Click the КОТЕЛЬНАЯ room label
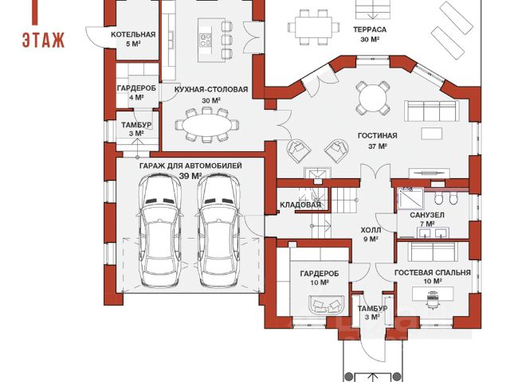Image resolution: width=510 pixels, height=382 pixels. (x=133, y=34)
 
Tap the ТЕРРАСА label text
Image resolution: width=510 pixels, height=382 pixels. (x=370, y=29)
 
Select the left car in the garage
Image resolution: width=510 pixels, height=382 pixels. (x=159, y=231)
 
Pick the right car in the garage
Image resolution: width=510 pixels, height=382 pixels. (x=218, y=231)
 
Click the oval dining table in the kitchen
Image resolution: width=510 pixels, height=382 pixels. (x=207, y=125)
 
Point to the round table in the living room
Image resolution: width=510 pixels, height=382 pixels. (x=372, y=98)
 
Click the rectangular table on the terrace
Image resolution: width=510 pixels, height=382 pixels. (x=313, y=27)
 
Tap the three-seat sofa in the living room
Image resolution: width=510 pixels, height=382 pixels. (x=432, y=111)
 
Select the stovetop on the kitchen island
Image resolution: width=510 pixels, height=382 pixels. (x=206, y=41)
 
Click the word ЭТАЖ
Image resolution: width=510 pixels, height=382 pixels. (x=43, y=41)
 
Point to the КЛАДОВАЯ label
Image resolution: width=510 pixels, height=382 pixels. (x=300, y=205)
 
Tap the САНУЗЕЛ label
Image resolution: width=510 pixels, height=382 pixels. (x=427, y=215)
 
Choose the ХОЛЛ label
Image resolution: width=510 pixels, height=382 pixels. (x=371, y=230)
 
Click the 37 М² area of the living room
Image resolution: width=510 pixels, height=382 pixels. (x=377, y=146)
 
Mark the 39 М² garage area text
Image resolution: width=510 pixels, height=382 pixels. (x=190, y=176)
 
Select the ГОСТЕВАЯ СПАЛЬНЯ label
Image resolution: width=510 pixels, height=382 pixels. (x=432, y=272)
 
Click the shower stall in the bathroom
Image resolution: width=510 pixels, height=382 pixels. (x=410, y=198)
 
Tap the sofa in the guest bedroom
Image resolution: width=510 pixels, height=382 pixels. (x=433, y=251)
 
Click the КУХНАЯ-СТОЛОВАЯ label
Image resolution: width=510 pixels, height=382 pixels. (x=211, y=89)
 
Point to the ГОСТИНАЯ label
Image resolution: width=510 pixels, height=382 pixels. (x=377, y=135)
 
